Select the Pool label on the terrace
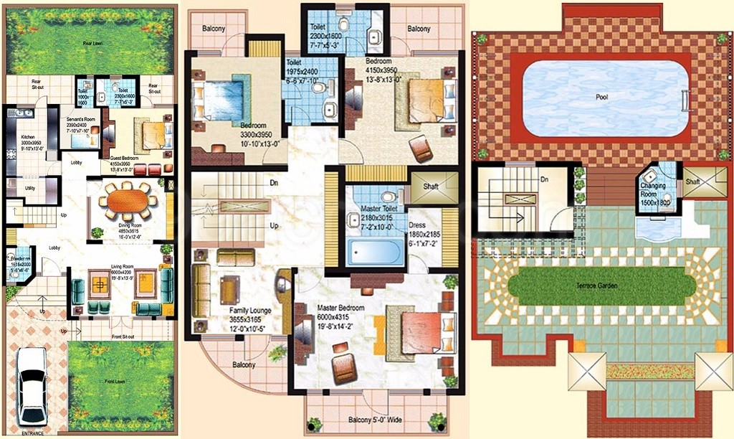602,97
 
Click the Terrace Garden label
602,285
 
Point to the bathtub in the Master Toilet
377,252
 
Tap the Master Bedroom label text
340,308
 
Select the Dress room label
418,225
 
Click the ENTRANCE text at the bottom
32,433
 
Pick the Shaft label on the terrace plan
692,182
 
